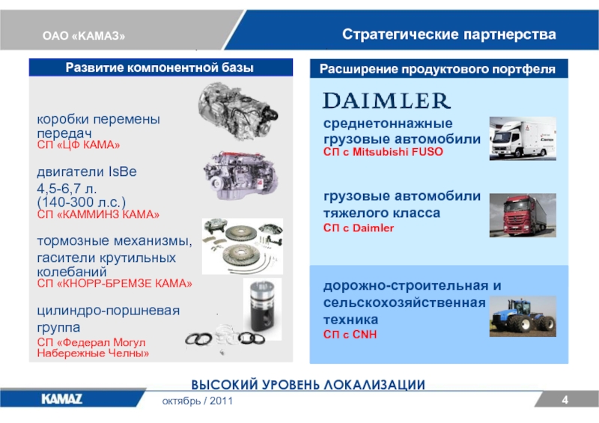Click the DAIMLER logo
click(386, 101)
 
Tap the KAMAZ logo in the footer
click(61, 399)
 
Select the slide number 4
click(565, 400)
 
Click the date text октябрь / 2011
click(198, 401)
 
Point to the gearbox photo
click(238, 111)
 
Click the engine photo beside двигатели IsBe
click(240, 176)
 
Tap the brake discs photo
click(243, 246)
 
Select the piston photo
click(263, 308)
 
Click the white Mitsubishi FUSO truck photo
click(523, 139)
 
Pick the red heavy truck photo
click(523, 215)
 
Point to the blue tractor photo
click(523, 316)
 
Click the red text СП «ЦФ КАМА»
click(79, 144)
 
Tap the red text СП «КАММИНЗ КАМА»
click(98, 214)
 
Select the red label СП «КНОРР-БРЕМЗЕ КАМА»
click(115, 284)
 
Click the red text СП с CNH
click(350, 335)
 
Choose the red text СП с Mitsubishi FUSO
click(383, 152)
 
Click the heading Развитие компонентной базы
click(159, 67)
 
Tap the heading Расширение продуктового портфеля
click(437, 69)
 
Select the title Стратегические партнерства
click(449, 34)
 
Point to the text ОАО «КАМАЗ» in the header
click(84, 36)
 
